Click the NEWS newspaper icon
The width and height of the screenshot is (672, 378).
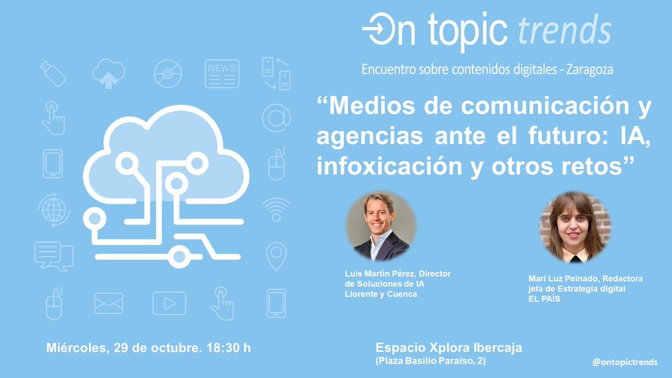[222, 73]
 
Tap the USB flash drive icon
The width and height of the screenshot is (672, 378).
[54, 73]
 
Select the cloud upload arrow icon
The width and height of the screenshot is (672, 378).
[109, 73]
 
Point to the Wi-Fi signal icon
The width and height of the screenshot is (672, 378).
[276, 208]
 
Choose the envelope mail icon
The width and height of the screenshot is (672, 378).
[109, 304]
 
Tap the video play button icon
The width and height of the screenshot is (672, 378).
[169, 304]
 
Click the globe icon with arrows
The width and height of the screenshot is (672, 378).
[54, 208]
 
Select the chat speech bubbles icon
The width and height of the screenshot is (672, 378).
[54, 256]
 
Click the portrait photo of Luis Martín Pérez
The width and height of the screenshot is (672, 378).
[381, 227]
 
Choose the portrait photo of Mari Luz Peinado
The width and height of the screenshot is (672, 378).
[575, 227]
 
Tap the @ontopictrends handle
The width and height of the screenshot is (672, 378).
[625, 362]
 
